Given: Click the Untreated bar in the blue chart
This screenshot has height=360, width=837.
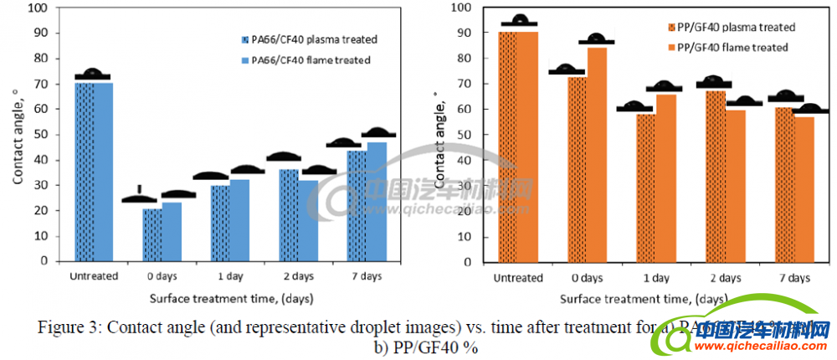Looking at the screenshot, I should (93, 172).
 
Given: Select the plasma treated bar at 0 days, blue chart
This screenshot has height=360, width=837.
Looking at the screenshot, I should (151, 234).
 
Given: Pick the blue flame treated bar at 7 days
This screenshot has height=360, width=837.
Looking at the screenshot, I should (377, 201).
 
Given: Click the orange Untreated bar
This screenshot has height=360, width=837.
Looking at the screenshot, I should (518, 147).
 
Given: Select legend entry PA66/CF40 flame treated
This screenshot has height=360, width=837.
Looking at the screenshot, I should (306, 60).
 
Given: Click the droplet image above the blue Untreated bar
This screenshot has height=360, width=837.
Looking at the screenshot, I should (92, 75).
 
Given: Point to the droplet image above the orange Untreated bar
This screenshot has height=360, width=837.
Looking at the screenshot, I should (520, 21).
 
